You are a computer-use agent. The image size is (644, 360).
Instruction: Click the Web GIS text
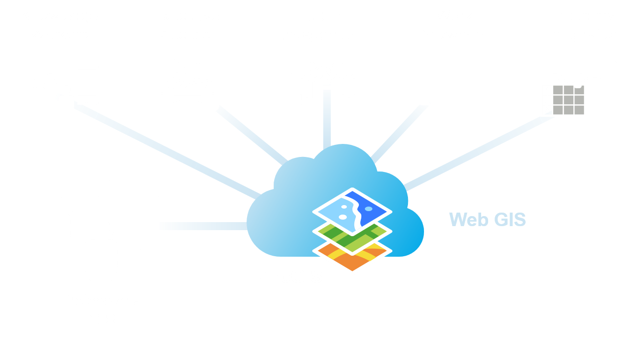pyautogui.click(x=487, y=219)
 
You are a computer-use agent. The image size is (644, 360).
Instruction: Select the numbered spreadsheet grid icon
pyautogui.click(x=563, y=100)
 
